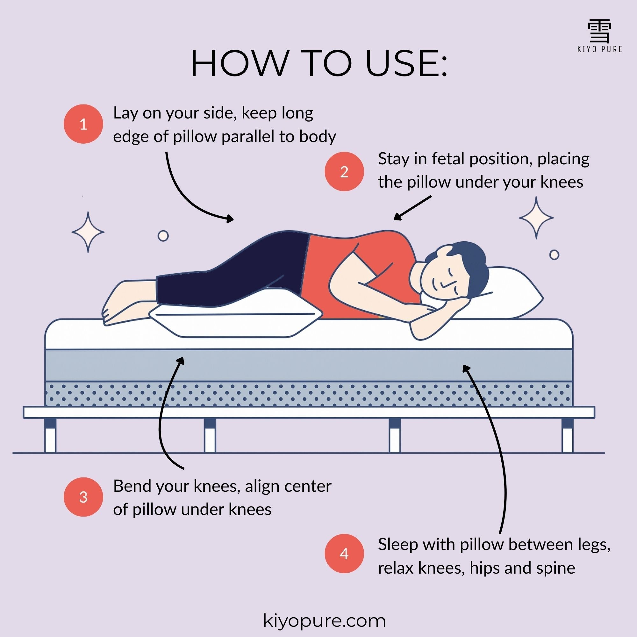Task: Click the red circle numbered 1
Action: click(x=83, y=124)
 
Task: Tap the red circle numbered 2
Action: click(x=344, y=171)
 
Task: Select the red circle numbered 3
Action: click(x=83, y=497)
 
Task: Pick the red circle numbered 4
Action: click(x=344, y=554)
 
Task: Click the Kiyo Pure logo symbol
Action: click(x=600, y=36)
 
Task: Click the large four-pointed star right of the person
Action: click(x=536, y=218)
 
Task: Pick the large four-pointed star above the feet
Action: click(x=88, y=232)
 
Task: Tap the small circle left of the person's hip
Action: click(x=163, y=236)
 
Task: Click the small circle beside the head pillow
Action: click(x=554, y=255)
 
